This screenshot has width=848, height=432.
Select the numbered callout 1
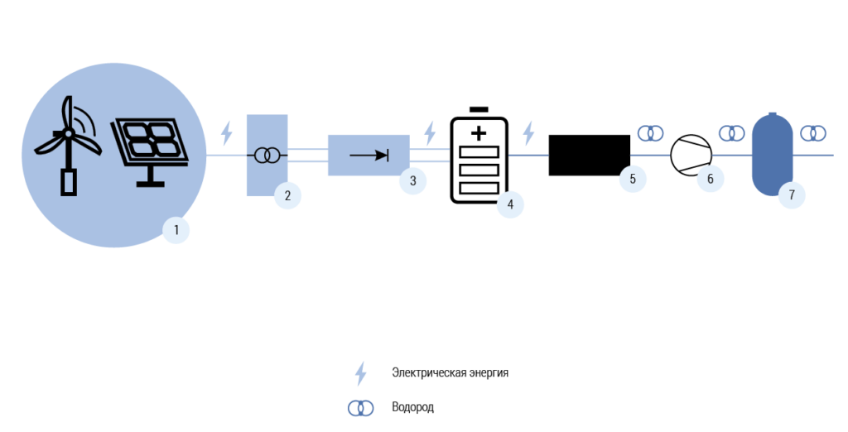[x=176, y=230]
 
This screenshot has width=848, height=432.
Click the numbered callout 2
[x=287, y=196]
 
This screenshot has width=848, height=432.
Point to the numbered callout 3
[x=412, y=180]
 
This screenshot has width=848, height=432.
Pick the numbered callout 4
[x=510, y=204]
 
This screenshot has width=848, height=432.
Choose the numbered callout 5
[x=633, y=179]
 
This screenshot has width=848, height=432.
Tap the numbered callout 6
[x=711, y=179]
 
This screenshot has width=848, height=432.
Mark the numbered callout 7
[x=792, y=195]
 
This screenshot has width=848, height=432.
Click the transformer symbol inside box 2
[x=267, y=156]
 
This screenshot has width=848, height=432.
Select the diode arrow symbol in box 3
[x=369, y=156]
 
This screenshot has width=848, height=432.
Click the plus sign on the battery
[x=479, y=133]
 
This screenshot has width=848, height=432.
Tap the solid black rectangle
[x=590, y=156]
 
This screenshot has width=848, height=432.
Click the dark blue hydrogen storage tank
[x=773, y=154]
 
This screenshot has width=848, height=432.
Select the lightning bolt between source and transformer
[x=227, y=133]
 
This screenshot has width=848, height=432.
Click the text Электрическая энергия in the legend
[x=450, y=372]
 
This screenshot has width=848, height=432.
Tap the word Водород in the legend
[x=412, y=406]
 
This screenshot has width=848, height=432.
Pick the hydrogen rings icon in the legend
[x=361, y=408]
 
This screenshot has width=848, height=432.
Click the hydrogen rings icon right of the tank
[x=813, y=133]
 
